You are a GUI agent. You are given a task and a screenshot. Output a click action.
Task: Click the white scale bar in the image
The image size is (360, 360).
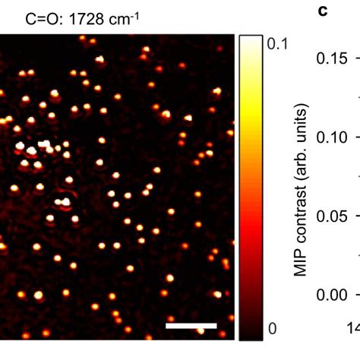pyautogui.click(x=191, y=326)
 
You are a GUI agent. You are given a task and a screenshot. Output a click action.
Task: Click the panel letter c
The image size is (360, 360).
pyautogui.click(x=321, y=13)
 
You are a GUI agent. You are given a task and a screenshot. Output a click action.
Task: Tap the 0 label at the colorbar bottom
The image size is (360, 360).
pyautogui.click(x=273, y=329)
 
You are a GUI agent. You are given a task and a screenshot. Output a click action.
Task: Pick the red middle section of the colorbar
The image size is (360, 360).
pyautogui.click(x=249, y=228)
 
